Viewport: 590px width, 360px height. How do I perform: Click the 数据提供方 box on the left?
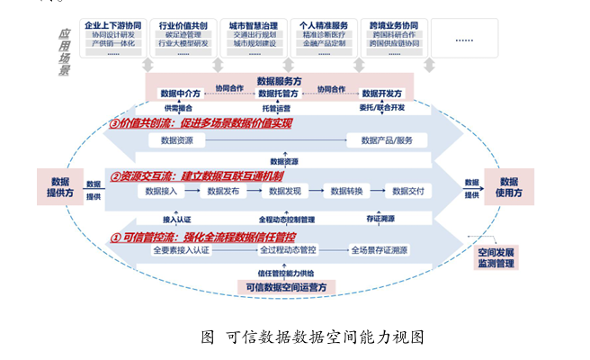pyautogui.click(x=60, y=186)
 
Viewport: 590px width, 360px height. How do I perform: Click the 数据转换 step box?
pyautogui.click(x=346, y=191)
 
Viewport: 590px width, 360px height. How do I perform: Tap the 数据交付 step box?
pyautogui.click(x=407, y=191)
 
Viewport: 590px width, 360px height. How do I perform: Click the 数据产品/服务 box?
pyautogui.click(x=387, y=140)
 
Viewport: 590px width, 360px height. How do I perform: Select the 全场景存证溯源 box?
pyautogui.click(x=380, y=249)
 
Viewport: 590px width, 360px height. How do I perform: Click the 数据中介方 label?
pyautogui.click(x=180, y=93)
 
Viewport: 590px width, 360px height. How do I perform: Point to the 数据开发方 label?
pyautogui.click(x=382, y=93)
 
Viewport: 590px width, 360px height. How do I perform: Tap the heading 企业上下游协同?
pyautogui.click(x=112, y=25)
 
